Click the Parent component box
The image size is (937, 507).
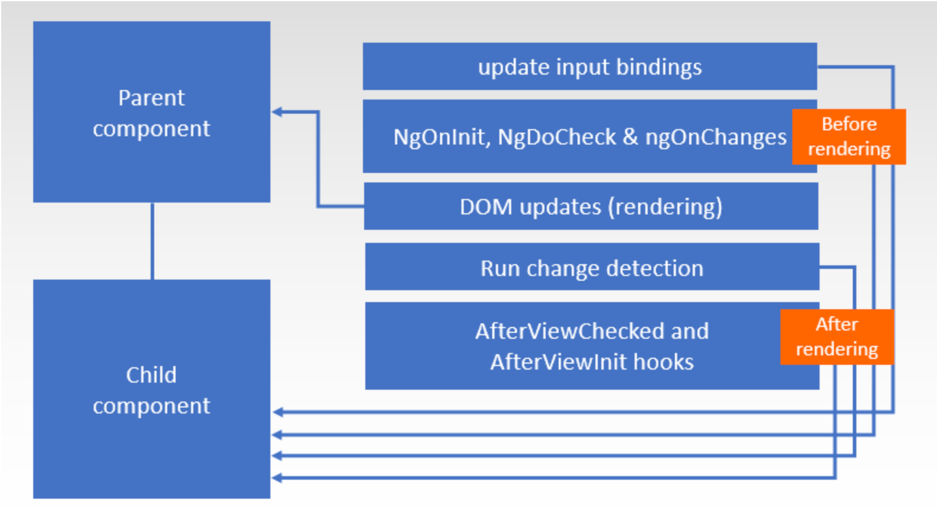point(151,112)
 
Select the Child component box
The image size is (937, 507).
point(151,389)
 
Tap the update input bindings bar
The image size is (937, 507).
point(589,66)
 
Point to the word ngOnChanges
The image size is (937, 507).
point(716,137)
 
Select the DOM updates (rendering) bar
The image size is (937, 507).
point(591,206)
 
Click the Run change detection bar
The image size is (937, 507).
point(592,268)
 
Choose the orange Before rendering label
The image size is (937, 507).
point(849,136)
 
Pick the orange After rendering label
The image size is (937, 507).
point(836,336)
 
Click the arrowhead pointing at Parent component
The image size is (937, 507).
point(277,111)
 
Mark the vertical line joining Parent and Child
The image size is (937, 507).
point(152,240)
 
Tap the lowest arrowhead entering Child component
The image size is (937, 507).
point(277,477)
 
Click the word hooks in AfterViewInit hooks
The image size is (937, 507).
point(664,362)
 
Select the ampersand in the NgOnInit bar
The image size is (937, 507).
point(630,137)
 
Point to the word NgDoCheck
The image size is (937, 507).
point(556,137)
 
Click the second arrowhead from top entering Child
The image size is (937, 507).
point(277,435)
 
